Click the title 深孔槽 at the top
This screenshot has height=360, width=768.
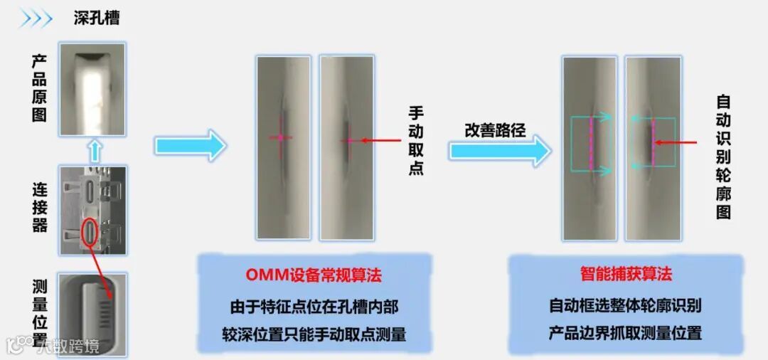pyautogui.click(x=97, y=18)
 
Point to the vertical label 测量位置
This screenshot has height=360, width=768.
pyautogui.click(x=40, y=314)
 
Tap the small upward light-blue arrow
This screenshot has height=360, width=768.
pyautogui.click(x=93, y=151)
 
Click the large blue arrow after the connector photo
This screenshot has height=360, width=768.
pyautogui.click(x=190, y=145)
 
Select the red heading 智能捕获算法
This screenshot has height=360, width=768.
pyautogui.click(x=626, y=275)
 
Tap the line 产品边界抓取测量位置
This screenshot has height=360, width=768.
pyautogui.click(x=626, y=332)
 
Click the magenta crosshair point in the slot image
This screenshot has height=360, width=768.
pyautogui.click(x=281, y=137)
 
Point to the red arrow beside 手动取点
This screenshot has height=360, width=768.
pyautogui.click(x=377, y=141)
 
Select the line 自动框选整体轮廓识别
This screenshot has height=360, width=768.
pyautogui.click(x=626, y=306)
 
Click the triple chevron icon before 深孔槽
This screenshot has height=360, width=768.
pyautogui.click(x=36, y=18)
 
